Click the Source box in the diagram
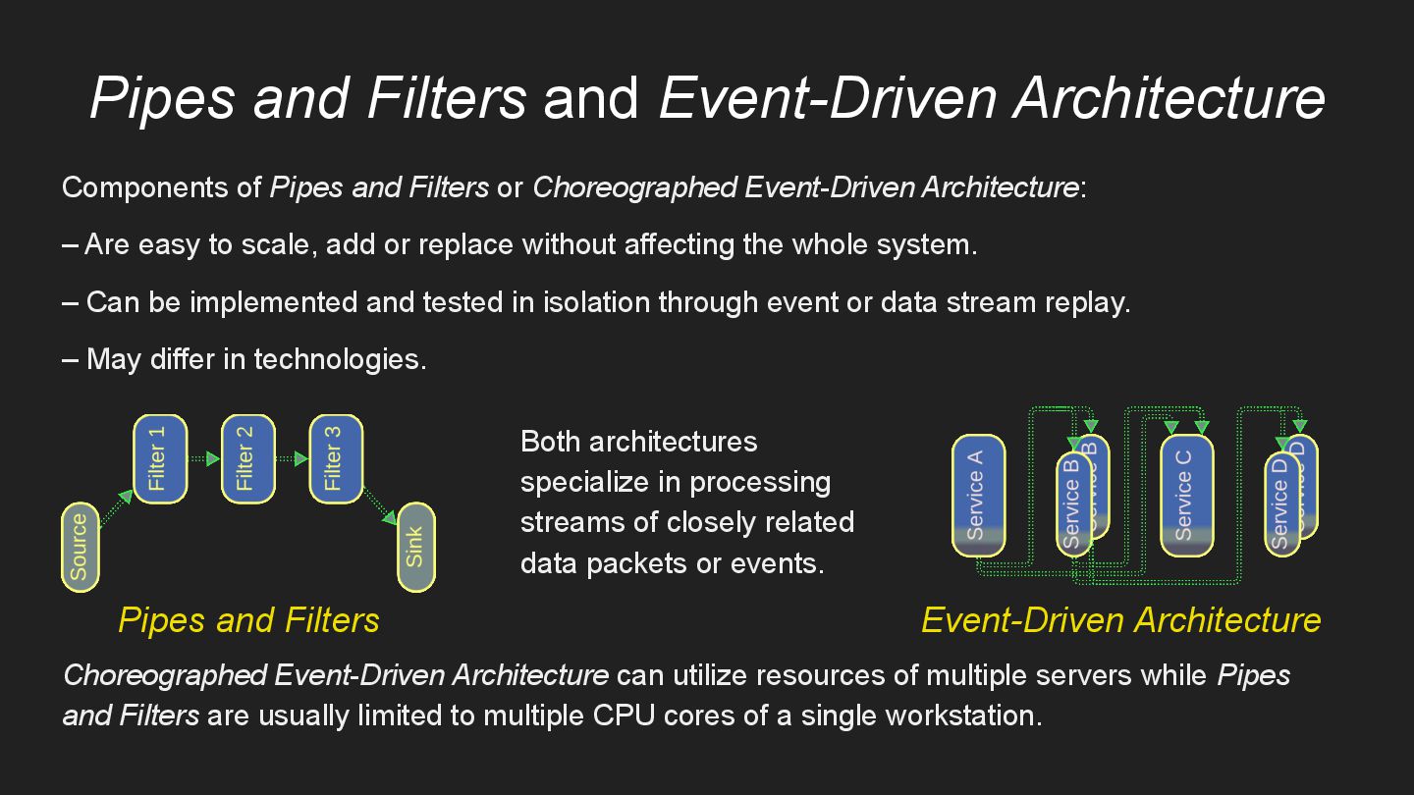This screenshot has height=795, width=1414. point(80,547)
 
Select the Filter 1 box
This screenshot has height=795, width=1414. point(159,458)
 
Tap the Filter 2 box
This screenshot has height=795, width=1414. point(247,458)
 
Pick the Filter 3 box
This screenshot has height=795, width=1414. point(336,458)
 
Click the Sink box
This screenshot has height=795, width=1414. point(415,547)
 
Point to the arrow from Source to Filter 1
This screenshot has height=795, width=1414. point(117,509)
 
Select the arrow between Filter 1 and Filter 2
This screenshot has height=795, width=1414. point(203,458)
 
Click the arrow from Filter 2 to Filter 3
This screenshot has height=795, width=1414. point(292,458)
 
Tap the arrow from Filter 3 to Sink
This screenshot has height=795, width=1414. point(380,505)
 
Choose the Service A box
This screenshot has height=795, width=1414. point(978,494)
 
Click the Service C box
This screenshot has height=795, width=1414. point(1186,494)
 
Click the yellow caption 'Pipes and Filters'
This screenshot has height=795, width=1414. point(248,620)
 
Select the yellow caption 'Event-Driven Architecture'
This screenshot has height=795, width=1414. point(1120,620)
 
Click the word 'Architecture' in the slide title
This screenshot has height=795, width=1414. point(1169,98)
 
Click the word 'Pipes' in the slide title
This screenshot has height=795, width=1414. point(162,98)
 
